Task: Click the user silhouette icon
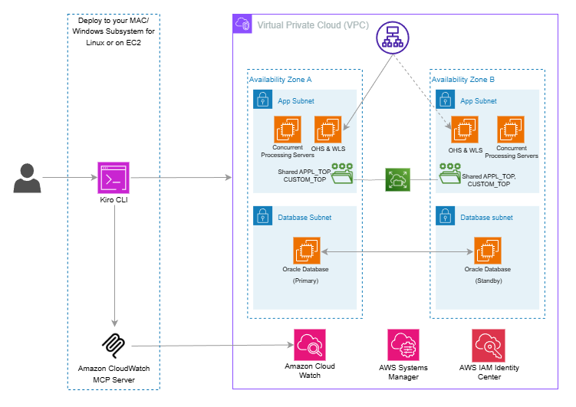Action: [27, 178]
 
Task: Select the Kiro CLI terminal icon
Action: [114, 178]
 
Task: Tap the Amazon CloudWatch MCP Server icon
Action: [114, 346]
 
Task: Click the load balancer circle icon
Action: [393, 38]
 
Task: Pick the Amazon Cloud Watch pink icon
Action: [310, 345]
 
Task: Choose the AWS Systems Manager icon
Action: [403, 345]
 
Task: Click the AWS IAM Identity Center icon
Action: [489, 346]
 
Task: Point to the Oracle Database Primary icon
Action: [307, 251]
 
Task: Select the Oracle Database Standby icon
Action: [488, 251]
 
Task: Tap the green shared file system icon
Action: [398, 180]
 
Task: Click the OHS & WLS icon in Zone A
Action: [328, 130]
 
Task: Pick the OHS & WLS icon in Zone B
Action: [465, 130]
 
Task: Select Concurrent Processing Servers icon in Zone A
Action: [288, 130]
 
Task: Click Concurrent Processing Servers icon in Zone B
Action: [511, 130]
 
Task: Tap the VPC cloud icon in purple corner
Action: [242, 24]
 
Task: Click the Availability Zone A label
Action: [280, 79]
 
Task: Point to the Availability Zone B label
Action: [463, 79]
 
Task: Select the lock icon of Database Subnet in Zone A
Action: [262, 216]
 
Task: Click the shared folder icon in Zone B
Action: [450, 173]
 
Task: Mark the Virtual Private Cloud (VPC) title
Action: [313, 25]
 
